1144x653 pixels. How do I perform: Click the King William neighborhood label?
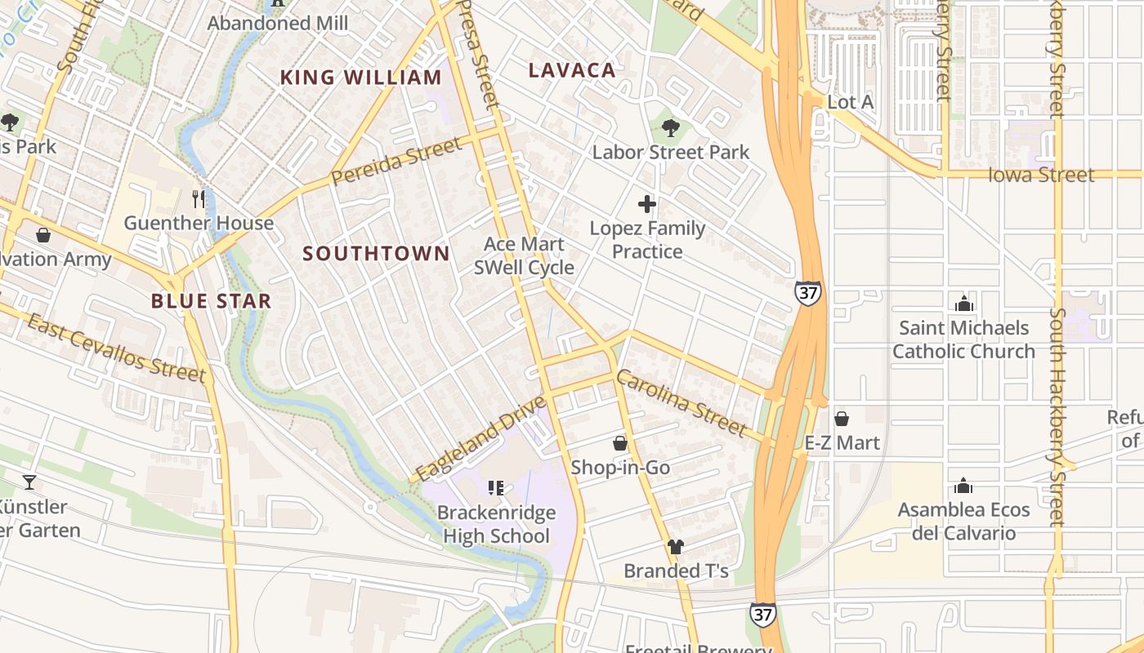[360, 78]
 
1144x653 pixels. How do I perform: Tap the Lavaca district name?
[572, 70]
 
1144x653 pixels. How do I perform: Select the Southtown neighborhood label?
[376, 254]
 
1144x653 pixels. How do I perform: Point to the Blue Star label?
[211, 301]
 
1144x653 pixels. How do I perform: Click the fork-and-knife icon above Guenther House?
[198, 198]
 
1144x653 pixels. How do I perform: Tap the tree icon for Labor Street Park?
[670, 127]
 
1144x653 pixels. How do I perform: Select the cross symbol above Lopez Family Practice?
[647, 204]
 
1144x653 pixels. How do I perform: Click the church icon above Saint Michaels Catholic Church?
[963, 304]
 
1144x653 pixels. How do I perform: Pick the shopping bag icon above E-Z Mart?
[842, 419]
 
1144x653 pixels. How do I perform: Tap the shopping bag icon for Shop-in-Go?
[620, 443]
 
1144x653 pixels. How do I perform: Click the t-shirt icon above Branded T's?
[675, 546]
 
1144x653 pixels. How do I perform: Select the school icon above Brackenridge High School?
[495, 488]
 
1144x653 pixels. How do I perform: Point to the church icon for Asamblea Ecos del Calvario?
[963, 486]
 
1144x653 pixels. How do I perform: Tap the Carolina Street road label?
[681, 402]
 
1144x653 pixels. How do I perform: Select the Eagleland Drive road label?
[480, 438]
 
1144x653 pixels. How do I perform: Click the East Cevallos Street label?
[116, 348]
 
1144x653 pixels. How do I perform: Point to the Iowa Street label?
[1040, 175]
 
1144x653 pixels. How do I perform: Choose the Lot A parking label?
[850, 102]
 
